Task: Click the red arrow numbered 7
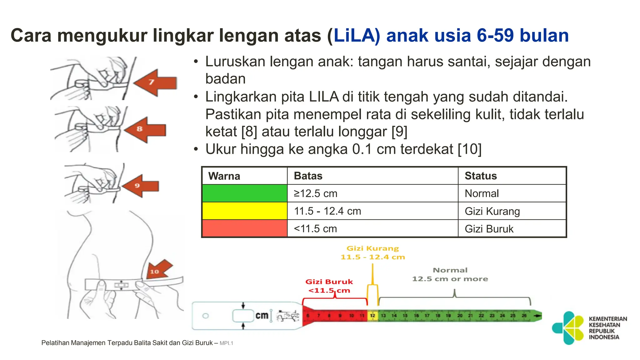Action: pos(155,82)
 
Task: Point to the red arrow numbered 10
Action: pos(159,270)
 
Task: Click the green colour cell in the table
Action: pos(245,193)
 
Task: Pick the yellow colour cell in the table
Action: pos(245,211)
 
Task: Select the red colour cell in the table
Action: pos(245,228)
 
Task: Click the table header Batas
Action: pos(308,176)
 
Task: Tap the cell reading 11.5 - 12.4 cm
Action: pos(327,211)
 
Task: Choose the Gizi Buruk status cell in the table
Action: pos(489,229)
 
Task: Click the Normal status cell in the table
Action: pos(482,194)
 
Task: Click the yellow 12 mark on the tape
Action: pos(372,316)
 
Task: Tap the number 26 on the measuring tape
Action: pos(524,316)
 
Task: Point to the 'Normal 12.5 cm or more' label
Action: pos(450,274)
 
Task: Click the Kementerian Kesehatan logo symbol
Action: pos(568,328)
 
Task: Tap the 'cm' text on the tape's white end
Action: pos(262,316)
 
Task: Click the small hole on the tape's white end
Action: pos(205,316)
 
